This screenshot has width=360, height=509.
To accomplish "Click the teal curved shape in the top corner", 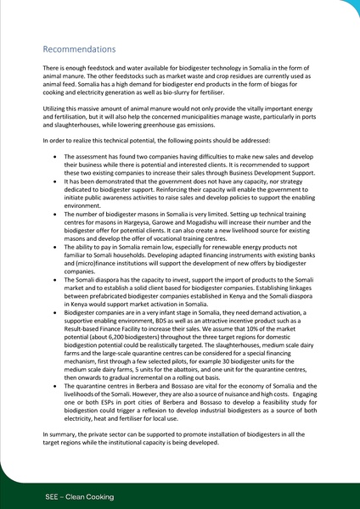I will (347, 8).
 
